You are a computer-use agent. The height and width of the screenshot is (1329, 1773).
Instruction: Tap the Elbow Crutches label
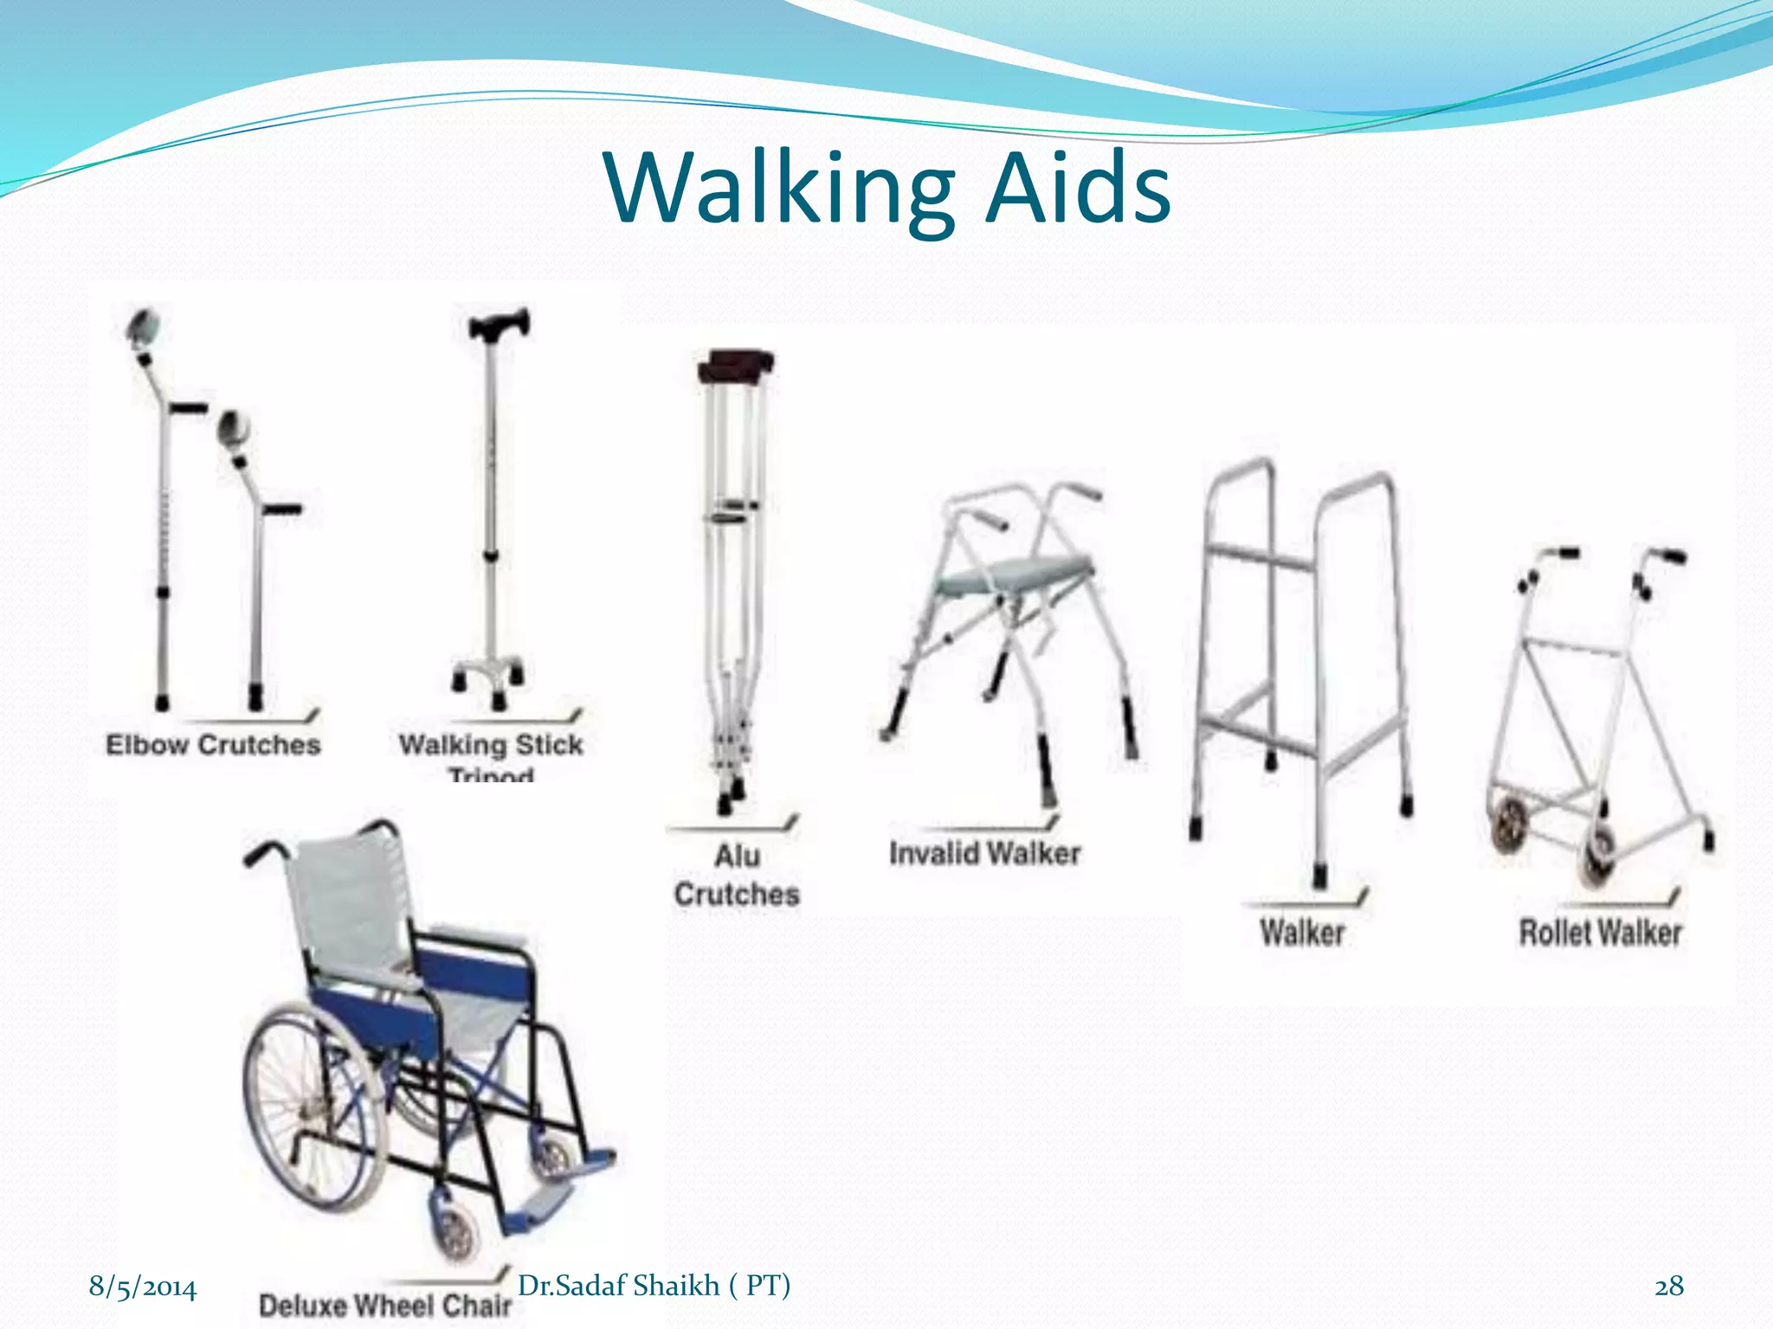pos(213,745)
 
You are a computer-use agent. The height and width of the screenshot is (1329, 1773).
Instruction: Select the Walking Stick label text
pos(491,745)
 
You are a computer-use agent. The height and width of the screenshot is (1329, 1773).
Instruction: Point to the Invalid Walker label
pos(985,854)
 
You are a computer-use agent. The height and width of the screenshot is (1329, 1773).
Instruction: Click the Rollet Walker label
pos(1600,933)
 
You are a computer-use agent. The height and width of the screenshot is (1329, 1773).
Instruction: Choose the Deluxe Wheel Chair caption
pos(385,1305)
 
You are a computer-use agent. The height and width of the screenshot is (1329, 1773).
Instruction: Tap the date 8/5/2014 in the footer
pos(143,1287)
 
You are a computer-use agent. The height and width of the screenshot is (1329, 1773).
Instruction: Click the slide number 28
pos(1669,1287)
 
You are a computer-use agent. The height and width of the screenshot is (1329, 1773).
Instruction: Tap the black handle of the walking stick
pos(498,325)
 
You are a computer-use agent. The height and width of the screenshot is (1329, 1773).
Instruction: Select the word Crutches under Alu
pos(737,895)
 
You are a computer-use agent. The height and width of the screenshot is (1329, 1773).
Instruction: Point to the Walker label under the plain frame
pos(1302,933)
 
